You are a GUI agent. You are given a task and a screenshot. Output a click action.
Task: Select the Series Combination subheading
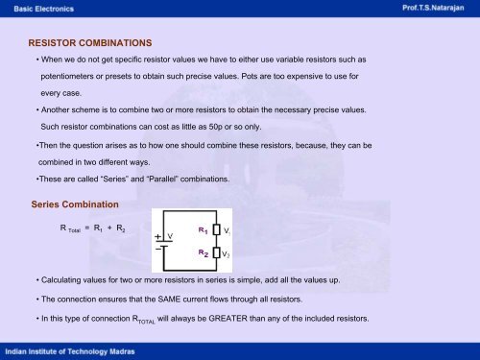[x=76, y=204]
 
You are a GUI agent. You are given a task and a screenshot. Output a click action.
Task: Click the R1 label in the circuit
[x=203, y=231]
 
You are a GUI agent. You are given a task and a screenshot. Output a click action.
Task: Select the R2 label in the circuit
[x=203, y=253]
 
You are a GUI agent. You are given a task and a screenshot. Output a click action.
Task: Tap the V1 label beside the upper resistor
[x=227, y=231]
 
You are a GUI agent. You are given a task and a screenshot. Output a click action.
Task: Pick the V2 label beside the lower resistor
[x=227, y=254]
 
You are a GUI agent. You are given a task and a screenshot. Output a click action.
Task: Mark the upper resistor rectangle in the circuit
[x=216, y=231]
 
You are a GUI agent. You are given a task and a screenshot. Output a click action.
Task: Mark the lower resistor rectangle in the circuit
[x=216, y=253]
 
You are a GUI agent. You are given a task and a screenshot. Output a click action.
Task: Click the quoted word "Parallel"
[x=163, y=179]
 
